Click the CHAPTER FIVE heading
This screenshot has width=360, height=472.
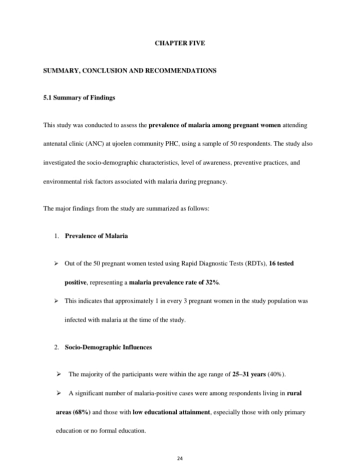click(x=179, y=43)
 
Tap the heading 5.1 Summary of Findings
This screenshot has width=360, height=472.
click(x=79, y=97)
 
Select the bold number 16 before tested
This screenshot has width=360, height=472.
click(x=272, y=263)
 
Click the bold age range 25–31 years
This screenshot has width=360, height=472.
click(x=248, y=374)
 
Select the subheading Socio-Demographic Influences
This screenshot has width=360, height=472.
click(x=108, y=347)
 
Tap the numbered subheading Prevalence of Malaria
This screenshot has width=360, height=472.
click(x=96, y=235)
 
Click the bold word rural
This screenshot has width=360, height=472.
click(x=294, y=393)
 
